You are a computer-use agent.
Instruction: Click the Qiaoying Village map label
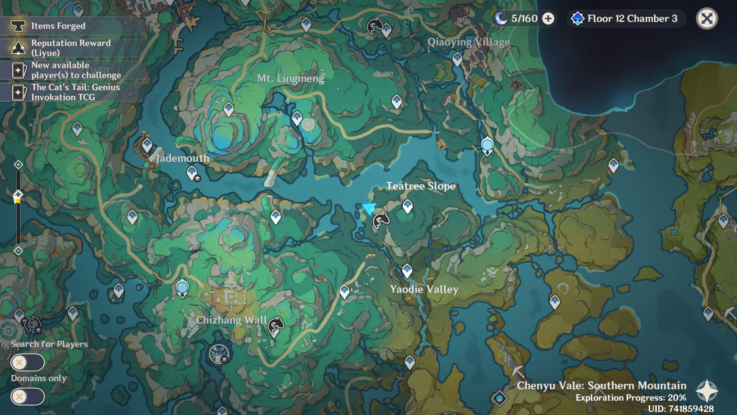coord(469,42)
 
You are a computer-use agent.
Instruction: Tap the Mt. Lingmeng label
coord(290,78)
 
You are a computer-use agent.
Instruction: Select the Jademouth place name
coord(183,158)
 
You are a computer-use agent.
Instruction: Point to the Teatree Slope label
coord(421,186)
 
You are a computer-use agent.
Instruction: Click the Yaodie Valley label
coord(424,289)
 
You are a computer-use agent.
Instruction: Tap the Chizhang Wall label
coord(231,320)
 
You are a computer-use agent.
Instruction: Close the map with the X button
coord(707,18)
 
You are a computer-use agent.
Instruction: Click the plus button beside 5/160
coord(548,18)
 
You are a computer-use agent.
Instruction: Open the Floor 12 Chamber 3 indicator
coord(626,18)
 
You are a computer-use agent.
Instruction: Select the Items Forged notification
coord(58,26)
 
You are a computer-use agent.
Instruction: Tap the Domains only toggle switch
coord(28,397)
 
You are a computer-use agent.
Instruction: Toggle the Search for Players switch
coord(28,362)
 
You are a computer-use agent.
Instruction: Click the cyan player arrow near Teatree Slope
coord(369,209)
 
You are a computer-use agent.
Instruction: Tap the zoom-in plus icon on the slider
coord(18,165)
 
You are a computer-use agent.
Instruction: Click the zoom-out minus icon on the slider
coord(18,251)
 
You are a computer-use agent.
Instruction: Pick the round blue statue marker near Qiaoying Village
coord(487,145)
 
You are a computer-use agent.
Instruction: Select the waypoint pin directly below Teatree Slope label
coord(408,206)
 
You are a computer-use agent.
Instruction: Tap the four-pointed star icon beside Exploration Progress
coord(707,391)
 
